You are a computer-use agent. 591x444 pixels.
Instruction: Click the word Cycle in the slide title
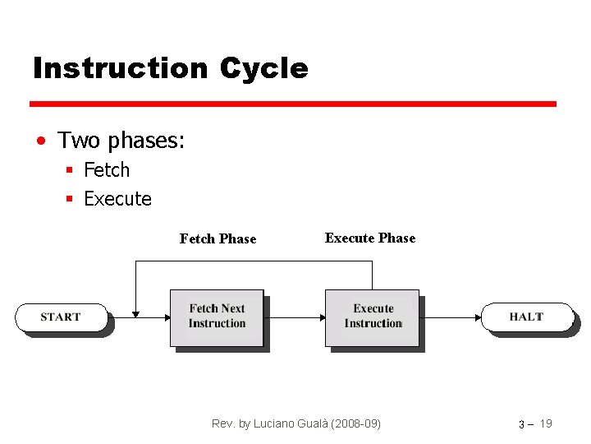coord(263,68)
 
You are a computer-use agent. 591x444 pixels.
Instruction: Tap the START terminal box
coord(62,317)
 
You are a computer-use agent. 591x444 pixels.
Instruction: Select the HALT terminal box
coord(526,317)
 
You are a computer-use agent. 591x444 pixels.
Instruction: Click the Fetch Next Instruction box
coord(217,317)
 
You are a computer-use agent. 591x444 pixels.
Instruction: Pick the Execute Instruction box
coord(373,317)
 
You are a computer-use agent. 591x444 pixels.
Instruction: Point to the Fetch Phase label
coord(218,239)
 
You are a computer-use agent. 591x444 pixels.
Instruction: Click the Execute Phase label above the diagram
coord(370,238)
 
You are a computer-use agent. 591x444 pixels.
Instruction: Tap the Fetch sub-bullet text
coord(107,170)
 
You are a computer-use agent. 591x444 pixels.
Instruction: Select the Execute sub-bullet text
coord(117,199)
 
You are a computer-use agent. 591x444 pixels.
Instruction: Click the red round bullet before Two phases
coord(40,141)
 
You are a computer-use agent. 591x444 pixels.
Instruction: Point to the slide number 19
coord(546,423)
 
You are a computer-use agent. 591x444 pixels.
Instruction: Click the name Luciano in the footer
coord(282,423)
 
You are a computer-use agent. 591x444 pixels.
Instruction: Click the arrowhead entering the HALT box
coord(479,317)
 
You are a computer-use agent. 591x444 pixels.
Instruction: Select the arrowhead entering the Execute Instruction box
coord(322,317)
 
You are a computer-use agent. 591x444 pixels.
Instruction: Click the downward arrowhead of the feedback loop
coord(136,313)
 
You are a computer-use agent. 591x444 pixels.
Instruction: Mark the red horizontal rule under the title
coord(293,104)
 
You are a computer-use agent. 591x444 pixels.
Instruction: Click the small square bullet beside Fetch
coord(71,171)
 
